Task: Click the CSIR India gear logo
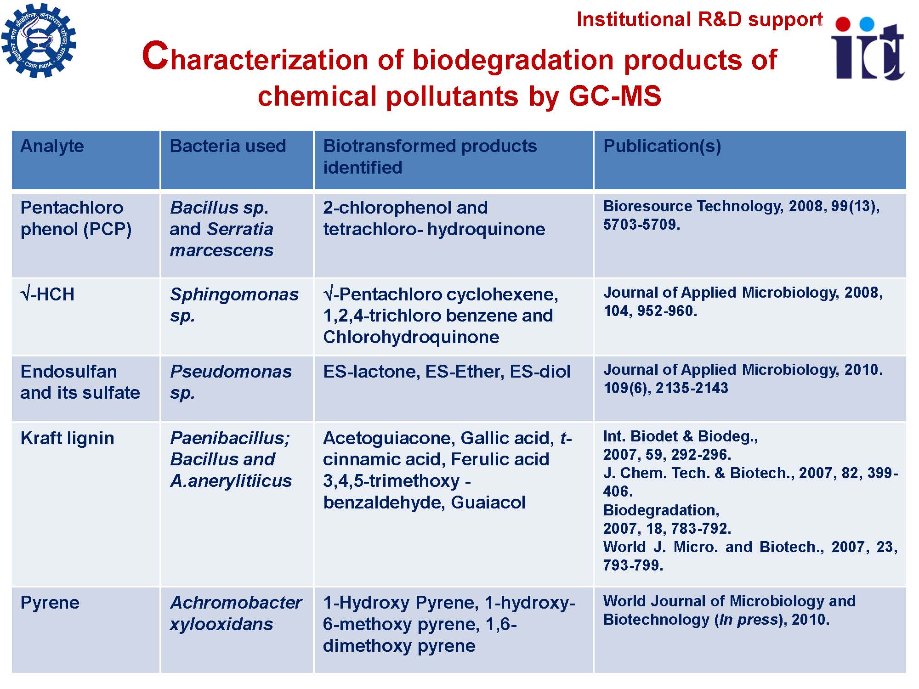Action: (39, 40)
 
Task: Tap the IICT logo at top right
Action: (868, 48)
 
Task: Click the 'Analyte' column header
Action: (52, 146)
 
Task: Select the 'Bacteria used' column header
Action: (228, 146)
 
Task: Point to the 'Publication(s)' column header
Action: (662, 146)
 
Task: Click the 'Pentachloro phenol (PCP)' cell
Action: (76, 218)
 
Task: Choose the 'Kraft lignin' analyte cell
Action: (67, 438)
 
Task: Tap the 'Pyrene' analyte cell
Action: (50, 603)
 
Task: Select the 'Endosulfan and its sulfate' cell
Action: (80, 382)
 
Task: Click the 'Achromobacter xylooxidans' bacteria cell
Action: (236, 613)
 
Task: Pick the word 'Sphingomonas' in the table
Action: (234, 294)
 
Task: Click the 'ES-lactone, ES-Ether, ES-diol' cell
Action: (447, 371)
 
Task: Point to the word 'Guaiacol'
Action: (488, 502)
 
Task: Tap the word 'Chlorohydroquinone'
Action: (411, 337)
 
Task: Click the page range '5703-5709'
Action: (641, 224)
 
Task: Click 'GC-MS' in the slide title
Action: (615, 96)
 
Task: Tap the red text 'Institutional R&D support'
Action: (699, 19)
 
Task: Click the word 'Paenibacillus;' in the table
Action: (230, 438)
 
